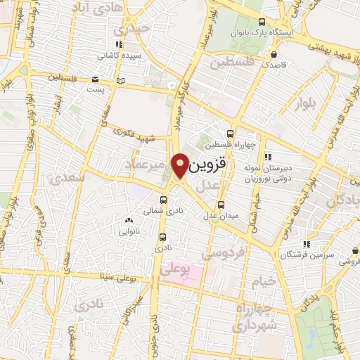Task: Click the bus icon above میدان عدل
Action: point(221,205)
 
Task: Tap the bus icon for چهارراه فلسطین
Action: point(230,134)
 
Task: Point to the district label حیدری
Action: point(134,29)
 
